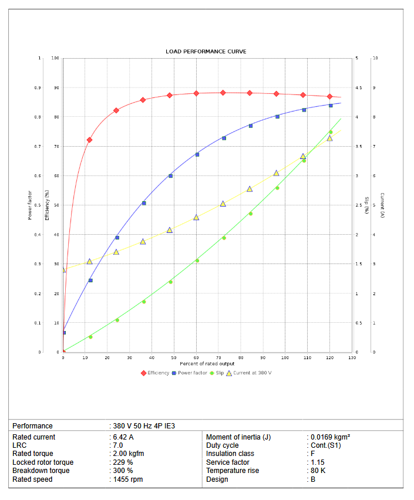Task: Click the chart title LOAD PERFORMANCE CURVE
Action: (x=206, y=52)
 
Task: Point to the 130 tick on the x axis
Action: (x=352, y=357)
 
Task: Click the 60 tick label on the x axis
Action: (x=196, y=357)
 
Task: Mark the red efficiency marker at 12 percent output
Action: (x=90, y=140)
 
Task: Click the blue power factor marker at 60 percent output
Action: (x=197, y=154)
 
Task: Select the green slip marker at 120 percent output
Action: (x=331, y=132)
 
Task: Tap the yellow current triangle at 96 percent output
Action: (x=277, y=173)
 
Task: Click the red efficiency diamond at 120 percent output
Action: (x=330, y=96)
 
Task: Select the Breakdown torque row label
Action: (x=41, y=471)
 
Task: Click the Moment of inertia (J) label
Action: (x=238, y=437)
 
